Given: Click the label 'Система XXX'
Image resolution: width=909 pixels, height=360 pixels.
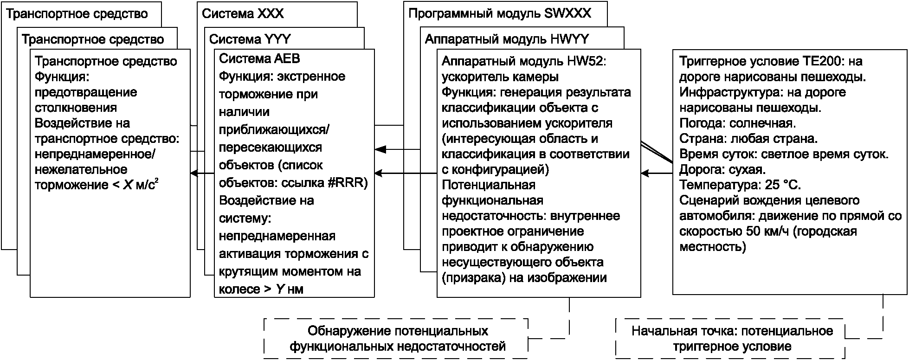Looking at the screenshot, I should [x=243, y=13].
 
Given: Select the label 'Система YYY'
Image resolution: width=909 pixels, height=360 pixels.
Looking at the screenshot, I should [x=250, y=39].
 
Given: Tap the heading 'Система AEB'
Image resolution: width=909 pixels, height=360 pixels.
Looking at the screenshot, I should [x=259, y=59].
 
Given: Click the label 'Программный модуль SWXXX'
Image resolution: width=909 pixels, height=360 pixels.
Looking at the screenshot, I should [x=500, y=13].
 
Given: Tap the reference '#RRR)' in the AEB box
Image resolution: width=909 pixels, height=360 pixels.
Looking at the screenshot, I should [x=348, y=183].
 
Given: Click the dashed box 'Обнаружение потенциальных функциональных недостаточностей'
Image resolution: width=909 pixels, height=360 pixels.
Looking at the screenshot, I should [x=397, y=338].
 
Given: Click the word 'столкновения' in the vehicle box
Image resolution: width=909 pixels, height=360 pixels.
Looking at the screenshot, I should [x=76, y=108].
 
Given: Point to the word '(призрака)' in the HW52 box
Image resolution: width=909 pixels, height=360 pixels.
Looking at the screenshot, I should [x=472, y=278].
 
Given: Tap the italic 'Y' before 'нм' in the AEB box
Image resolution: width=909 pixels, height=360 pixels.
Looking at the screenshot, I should [x=280, y=289].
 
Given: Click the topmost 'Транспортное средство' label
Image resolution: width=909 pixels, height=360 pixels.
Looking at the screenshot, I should [x=77, y=13].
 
